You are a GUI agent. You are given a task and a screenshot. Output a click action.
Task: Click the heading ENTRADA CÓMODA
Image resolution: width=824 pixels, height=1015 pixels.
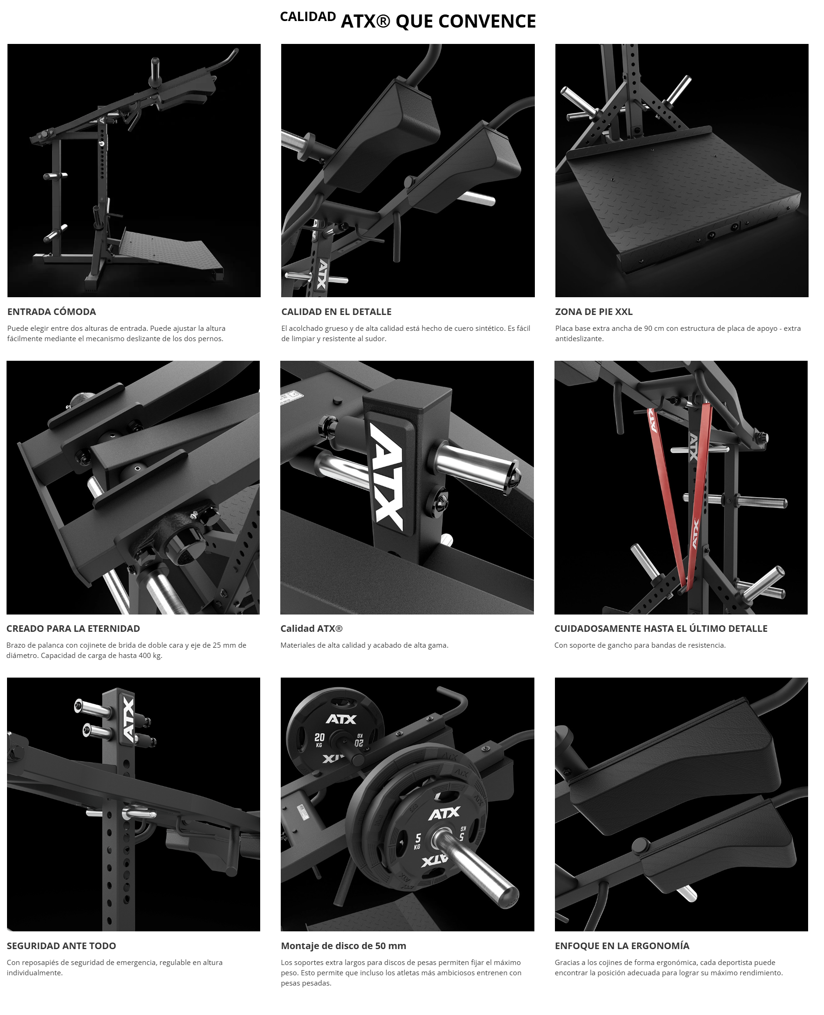click(x=51, y=311)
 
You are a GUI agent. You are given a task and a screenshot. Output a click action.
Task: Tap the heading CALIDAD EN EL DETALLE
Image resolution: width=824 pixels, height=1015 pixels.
click(x=336, y=311)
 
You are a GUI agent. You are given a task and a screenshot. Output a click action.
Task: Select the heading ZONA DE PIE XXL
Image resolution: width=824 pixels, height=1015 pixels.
click(x=593, y=311)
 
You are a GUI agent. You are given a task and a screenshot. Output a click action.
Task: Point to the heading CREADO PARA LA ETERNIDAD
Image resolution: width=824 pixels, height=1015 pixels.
click(x=73, y=628)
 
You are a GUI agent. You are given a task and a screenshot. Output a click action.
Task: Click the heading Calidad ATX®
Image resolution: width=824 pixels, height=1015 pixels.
click(x=312, y=628)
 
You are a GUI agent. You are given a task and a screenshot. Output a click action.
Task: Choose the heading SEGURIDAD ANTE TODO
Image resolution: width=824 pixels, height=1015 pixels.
click(x=61, y=945)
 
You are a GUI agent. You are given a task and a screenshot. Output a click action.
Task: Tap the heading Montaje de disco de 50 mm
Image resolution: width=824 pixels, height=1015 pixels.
click(x=343, y=945)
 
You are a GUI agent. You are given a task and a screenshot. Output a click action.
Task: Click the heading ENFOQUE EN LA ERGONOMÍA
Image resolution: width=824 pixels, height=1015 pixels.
click(x=622, y=945)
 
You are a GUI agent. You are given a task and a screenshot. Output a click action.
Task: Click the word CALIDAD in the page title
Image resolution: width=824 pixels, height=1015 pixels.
click(x=307, y=16)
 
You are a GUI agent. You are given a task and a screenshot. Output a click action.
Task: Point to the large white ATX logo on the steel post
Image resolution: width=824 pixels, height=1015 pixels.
click(x=387, y=477)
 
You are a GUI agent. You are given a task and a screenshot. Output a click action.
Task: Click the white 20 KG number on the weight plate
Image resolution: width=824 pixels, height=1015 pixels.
click(x=320, y=737)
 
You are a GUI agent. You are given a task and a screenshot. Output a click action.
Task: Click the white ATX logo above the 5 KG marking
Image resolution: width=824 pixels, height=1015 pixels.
click(x=444, y=814)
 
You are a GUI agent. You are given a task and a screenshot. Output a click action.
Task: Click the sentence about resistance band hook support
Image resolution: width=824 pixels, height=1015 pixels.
click(x=640, y=645)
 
